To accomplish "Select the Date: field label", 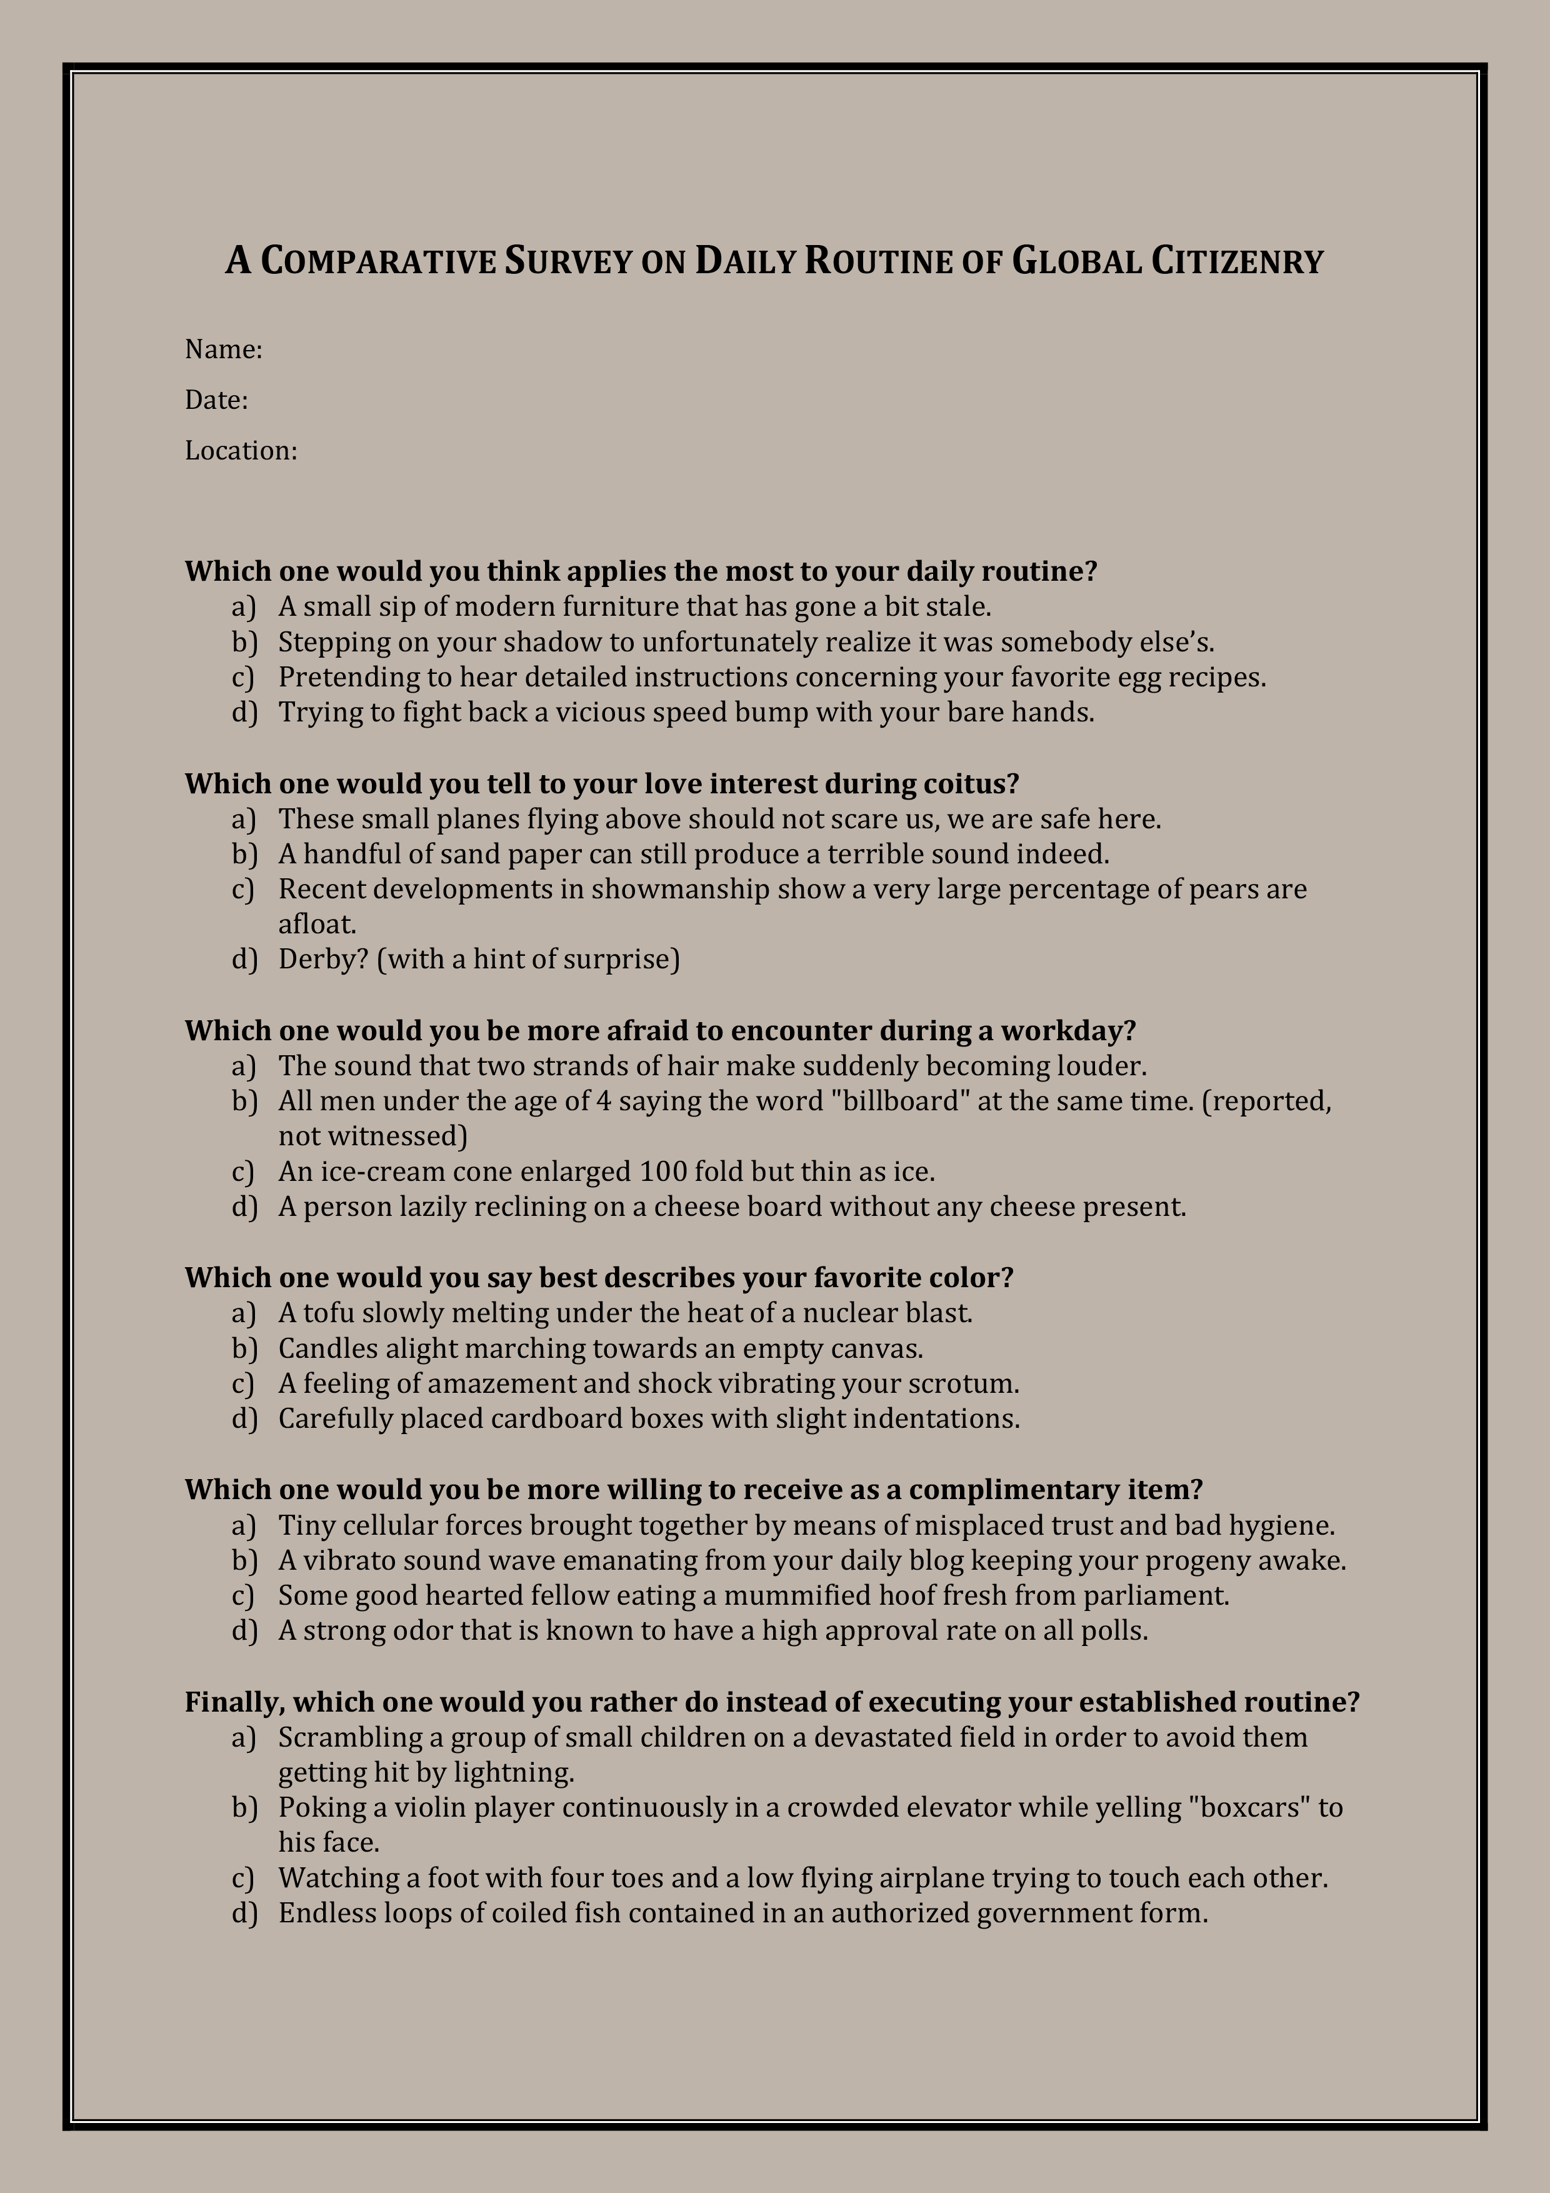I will pyautogui.click(x=216, y=400).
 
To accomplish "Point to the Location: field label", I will pyautogui.click(x=241, y=451).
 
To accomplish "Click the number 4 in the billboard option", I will pyautogui.click(x=602, y=1102).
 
